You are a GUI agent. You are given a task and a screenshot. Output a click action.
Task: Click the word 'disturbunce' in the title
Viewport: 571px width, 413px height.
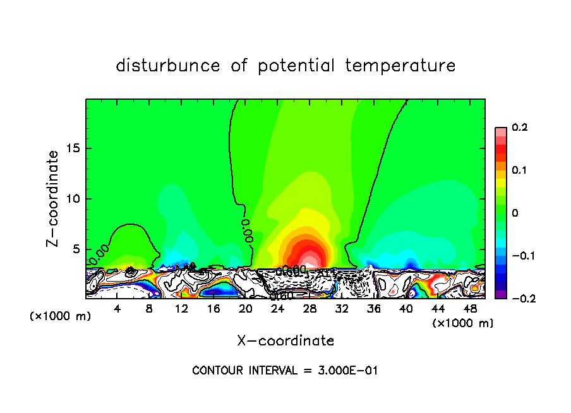(x=168, y=66)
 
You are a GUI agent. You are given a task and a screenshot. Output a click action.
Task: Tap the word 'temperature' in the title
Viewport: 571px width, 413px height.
(x=400, y=66)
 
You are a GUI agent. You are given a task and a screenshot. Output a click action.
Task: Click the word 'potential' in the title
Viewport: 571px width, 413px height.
(x=296, y=66)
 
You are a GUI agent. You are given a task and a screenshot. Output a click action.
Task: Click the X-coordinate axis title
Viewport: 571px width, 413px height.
(x=285, y=341)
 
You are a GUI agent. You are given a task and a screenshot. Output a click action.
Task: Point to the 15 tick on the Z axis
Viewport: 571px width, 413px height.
(x=73, y=148)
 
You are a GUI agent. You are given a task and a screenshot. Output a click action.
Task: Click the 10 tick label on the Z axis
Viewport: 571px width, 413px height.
(x=73, y=199)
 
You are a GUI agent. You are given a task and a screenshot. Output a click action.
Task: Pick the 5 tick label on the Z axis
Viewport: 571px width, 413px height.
(x=76, y=249)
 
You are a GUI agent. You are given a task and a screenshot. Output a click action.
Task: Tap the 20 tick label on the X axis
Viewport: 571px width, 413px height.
(x=245, y=309)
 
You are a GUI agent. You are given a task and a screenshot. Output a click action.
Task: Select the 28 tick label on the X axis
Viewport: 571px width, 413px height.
(x=310, y=309)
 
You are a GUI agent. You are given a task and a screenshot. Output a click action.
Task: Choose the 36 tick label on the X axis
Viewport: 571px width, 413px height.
(x=374, y=309)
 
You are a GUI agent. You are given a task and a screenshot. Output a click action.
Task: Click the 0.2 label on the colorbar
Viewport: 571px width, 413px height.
(x=520, y=128)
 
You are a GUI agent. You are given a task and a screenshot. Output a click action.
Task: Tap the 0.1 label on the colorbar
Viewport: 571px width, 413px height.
(x=520, y=171)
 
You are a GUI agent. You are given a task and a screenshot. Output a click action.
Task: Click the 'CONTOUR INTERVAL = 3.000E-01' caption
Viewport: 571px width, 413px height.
(x=285, y=371)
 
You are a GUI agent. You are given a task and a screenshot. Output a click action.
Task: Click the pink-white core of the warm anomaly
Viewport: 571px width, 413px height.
(x=308, y=261)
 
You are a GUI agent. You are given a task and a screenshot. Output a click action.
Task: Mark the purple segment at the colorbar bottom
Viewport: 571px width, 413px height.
(x=500, y=294)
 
